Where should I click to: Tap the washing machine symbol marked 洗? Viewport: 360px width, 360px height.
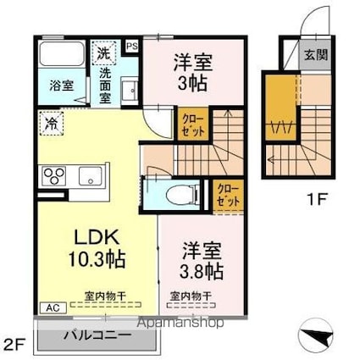103,52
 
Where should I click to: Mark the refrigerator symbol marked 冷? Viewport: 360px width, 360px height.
48,124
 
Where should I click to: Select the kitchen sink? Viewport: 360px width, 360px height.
90,176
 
